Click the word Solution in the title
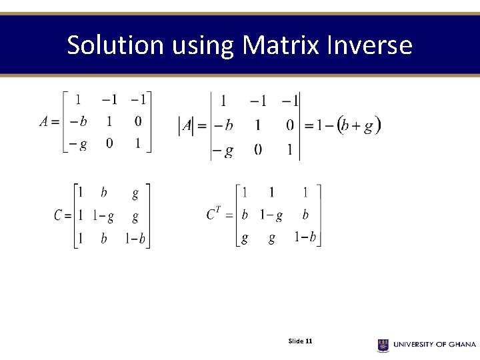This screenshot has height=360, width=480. pos(115,45)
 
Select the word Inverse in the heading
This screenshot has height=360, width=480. pos(370,45)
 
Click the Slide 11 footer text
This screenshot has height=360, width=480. pos(300,341)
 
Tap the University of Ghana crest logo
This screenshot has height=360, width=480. pos(383,345)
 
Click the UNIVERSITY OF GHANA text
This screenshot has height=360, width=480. pos(434,345)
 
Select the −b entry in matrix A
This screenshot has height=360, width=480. pos(78,122)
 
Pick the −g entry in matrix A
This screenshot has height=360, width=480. pos(78,144)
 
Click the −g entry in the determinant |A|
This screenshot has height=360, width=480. pos(223,151)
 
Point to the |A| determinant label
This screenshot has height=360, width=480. pos(187,125)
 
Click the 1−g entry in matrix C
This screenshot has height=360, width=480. pos(103,216)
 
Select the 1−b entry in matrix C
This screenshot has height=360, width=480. pos(136,239)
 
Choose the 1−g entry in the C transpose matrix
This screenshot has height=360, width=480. pos(271,215)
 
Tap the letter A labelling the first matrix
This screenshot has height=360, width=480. pos(44,121)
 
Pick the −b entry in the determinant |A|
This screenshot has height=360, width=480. pos(223,125)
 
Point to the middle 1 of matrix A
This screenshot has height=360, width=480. pos(109,121)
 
